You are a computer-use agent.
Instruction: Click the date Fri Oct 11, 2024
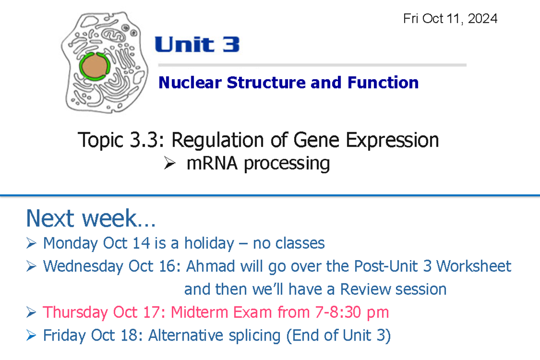click(x=450, y=19)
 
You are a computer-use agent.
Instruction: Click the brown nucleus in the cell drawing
click(x=94, y=66)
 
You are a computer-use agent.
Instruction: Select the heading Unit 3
click(x=197, y=45)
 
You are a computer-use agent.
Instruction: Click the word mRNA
click(x=213, y=163)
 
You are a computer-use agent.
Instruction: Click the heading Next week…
click(x=91, y=219)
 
